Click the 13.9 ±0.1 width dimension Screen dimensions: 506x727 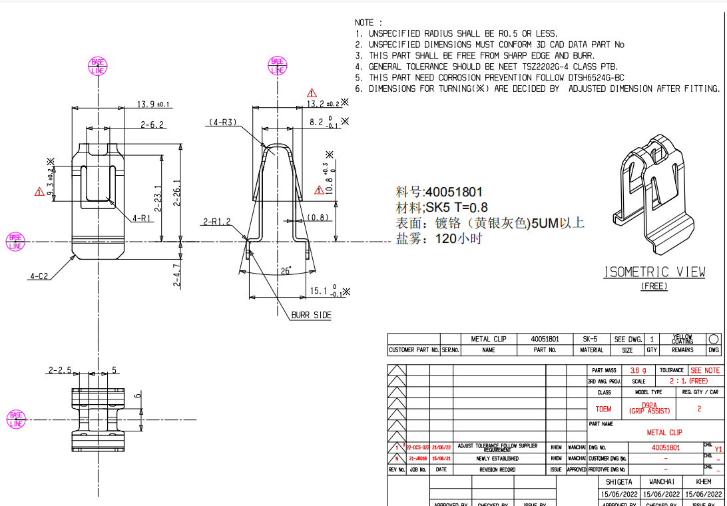pos(154,104)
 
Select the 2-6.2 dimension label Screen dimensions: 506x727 pos(152,125)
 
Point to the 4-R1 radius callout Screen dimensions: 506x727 pos(143,218)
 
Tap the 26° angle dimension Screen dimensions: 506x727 pos(286,271)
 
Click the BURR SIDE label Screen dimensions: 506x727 pos(311,315)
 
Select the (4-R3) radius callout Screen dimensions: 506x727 pos(222,123)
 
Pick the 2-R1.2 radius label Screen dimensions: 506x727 pos(217,222)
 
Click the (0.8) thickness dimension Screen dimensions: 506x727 pos(318,217)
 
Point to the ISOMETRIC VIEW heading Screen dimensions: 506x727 pos(654,272)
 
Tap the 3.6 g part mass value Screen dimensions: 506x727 pos(638,370)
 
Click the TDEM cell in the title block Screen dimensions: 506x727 pos(603,409)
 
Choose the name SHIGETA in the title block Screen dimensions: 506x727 pos(619,481)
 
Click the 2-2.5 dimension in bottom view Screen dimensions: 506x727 pos(59,370)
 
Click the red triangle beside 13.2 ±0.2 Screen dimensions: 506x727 pos(312,93)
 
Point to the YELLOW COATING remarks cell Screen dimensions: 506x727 pos(682,339)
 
